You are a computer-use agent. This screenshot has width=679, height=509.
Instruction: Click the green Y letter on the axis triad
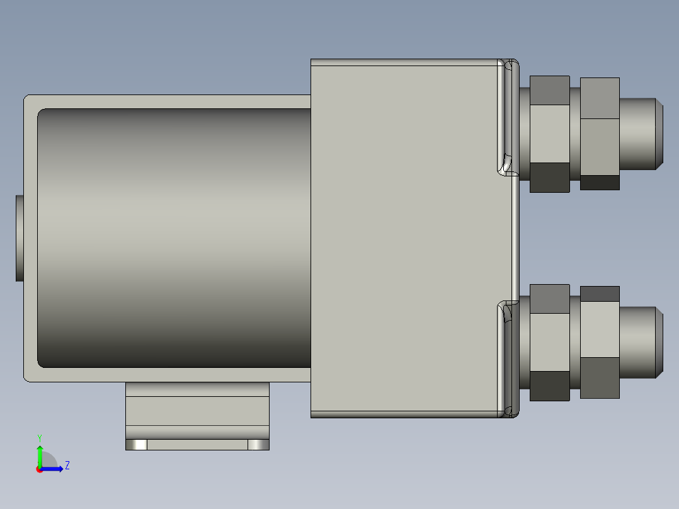click(x=40, y=437)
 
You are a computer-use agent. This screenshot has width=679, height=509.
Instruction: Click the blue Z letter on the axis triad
click(x=67, y=466)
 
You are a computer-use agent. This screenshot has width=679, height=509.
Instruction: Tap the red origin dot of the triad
click(x=39, y=469)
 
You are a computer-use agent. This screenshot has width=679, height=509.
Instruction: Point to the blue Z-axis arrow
click(x=54, y=469)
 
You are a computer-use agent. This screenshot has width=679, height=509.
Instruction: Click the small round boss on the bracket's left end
click(x=19, y=238)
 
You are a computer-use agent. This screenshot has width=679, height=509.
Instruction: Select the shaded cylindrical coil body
click(x=173, y=238)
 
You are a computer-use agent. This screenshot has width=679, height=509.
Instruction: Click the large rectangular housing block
click(x=403, y=238)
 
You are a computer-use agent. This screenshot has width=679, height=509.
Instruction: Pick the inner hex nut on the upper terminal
click(x=549, y=134)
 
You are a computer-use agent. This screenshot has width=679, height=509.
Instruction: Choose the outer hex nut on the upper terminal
click(x=599, y=134)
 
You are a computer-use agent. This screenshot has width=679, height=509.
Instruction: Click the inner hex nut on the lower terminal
click(x=549, y=342)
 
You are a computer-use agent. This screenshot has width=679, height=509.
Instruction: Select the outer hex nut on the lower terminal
click(x=599, y=342)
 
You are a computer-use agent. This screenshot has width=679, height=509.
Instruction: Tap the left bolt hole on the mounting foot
click(x=137, y=445)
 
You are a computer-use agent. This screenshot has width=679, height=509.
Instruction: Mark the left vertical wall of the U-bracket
click(x=30, y=238)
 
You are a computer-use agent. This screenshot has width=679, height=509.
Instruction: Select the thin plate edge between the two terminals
click(x=515, y=238)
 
